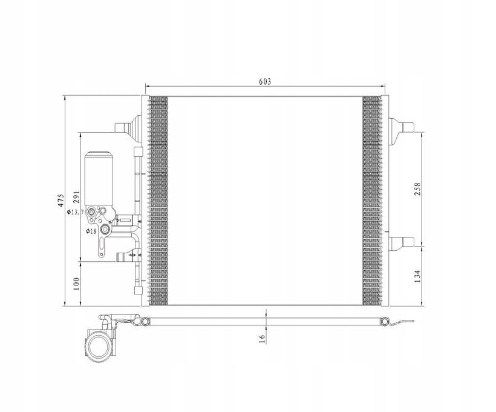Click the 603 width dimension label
[x=265, y=81]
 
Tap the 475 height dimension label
[x=60, y=201]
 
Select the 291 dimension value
[x=77, y=197]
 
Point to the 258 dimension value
[x=417, y=189]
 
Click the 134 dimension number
[x=417, y=276]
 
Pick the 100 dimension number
[x=76, y=284]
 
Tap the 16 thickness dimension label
[x=262, y=339]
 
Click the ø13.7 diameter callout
[x=75, y=212]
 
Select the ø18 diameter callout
[x=91, y=231]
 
